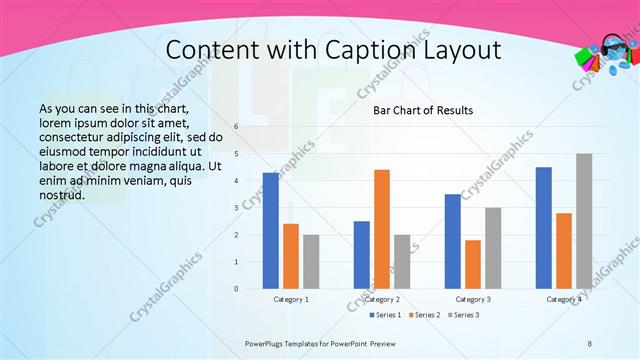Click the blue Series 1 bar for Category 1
[270, 231]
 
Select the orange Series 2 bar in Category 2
[381, 229]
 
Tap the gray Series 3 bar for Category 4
[584, 221]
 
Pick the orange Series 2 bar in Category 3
[472, 264]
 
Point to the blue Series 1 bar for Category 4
[543, 228]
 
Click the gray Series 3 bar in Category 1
[311, 262]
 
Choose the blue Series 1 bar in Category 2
[361, 255]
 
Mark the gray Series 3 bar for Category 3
[493, 248]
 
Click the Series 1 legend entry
[386, 315]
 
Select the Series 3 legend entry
[465, 315]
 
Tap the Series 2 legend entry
[426, 315]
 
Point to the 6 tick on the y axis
[236, 127]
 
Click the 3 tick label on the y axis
[236, 208]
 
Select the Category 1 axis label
[291, 299]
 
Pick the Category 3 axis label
[473, 299]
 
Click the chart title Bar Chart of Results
[423, 110]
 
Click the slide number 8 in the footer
[590, 343]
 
